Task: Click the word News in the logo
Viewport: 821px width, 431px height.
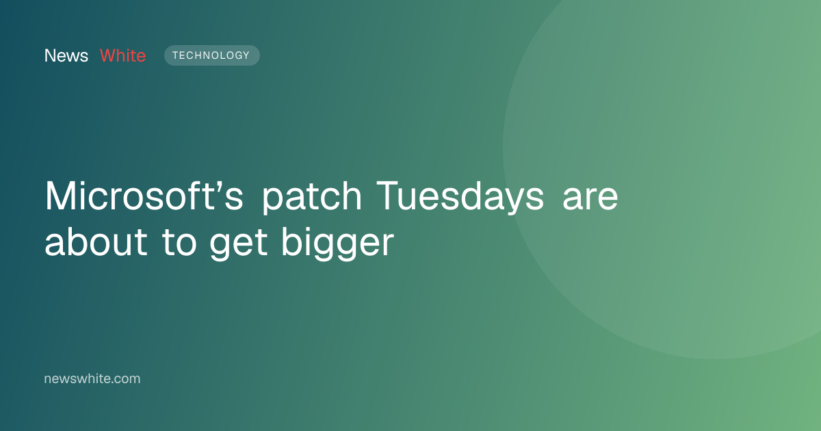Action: (66, 55)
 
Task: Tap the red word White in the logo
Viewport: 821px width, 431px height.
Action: (122, 55)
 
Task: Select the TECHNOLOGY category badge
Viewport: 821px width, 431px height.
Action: (212, 55)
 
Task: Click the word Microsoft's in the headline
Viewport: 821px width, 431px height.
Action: (144, 196)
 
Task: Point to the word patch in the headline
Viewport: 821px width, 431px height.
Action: (312, 197)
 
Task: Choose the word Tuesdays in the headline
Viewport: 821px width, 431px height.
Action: (460, 197)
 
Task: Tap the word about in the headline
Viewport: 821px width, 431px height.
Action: (96, 242)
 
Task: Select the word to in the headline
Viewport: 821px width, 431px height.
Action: (179, 244)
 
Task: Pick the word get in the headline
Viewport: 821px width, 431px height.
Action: (239, 244)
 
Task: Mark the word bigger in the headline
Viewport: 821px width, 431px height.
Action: (337, 243)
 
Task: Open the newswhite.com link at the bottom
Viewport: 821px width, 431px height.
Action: (92, 378)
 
